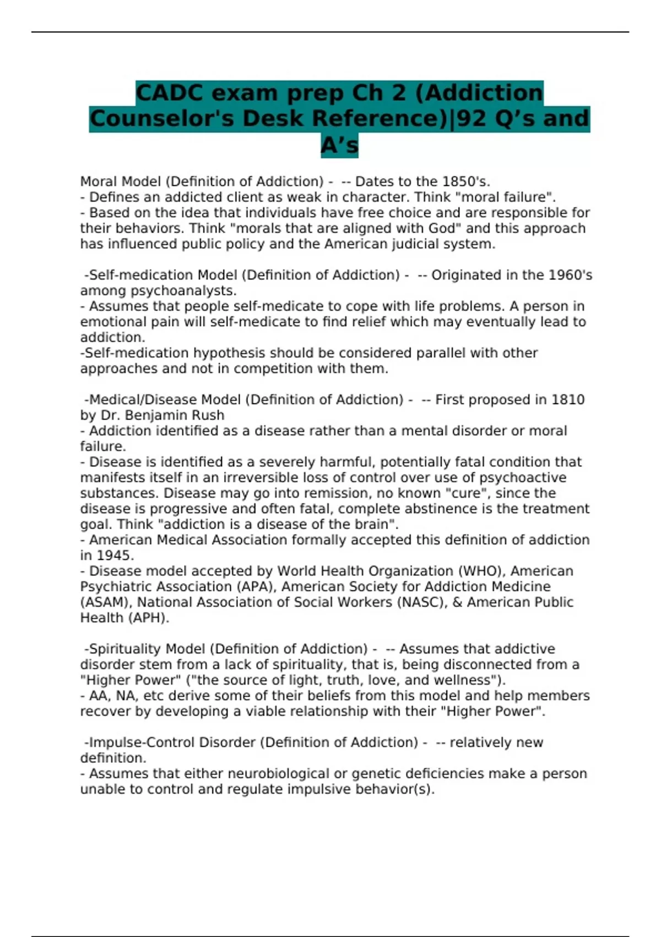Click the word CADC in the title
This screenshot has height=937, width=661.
point(169,93)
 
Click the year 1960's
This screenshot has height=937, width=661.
point(570,275)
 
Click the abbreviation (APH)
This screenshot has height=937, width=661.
point(148,618)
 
